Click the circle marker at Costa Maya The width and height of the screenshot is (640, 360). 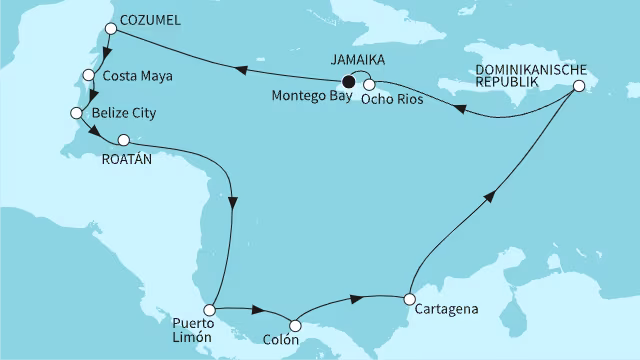point(87,74)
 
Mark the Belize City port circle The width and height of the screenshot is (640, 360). point(75,113)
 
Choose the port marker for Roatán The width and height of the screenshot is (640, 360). point(124,140)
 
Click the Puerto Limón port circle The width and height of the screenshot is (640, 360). point(210,311)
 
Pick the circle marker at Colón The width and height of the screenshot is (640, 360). point(295,324)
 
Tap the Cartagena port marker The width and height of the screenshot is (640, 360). point(409,298)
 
